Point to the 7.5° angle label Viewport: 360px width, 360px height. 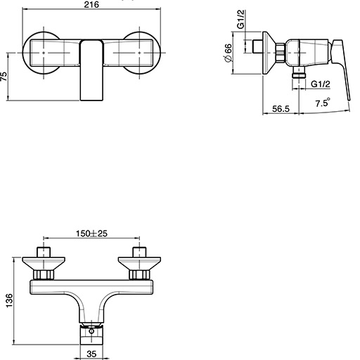click(x=323, y=103)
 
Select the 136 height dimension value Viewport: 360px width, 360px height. click(x=8, y=301)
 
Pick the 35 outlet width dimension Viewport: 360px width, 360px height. click(x=93, y=355)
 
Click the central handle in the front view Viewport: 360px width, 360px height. click(x=92, y=70)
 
